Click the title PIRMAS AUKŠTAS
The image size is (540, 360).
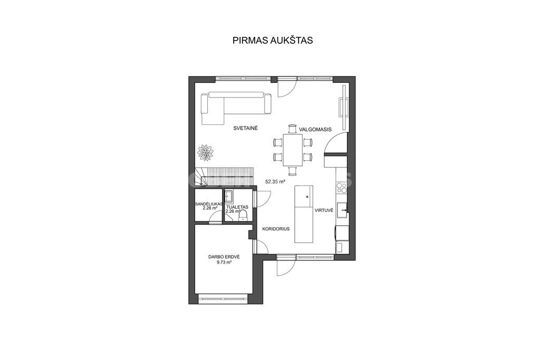(273, 40)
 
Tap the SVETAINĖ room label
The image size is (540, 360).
(246, 129)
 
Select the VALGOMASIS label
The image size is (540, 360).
(315, 130)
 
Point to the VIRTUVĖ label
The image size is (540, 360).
(324, 210)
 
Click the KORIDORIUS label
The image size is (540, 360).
(276, 229)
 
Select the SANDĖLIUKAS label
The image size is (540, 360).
(209, 204)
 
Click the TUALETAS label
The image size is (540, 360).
(237, 207)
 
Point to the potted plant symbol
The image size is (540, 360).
(206, 152)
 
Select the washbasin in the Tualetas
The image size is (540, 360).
(229, 196)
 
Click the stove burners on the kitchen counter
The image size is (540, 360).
(341, 187)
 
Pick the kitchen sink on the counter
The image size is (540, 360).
(342, 210)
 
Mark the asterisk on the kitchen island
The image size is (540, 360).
(307, 197)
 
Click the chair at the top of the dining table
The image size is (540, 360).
(292, 129)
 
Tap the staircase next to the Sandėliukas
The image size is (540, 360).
(225, 177)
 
